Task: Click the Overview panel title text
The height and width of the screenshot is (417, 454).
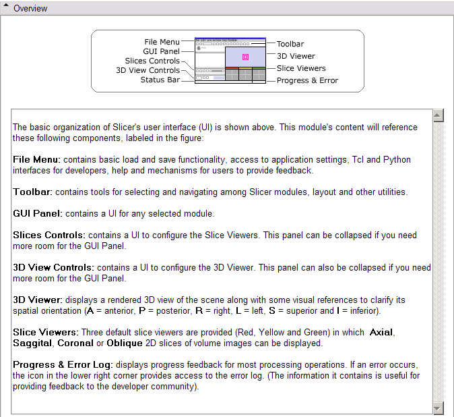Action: [30, 9]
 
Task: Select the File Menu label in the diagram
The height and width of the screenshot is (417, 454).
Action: [162, 42]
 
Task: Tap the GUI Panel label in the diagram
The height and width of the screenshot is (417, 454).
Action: [161, 51]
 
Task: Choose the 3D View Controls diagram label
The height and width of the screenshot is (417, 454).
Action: [148, 70]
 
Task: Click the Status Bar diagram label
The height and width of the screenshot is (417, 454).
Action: [160, 80]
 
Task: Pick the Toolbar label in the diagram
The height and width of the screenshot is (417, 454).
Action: [290, 44]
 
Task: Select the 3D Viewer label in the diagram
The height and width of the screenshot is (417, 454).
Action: [296, 56]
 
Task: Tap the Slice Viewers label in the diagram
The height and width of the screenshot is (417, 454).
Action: [301, 68]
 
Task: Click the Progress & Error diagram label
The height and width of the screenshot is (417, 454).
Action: [307, 80]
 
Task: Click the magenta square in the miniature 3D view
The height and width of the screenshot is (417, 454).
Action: [245, 57]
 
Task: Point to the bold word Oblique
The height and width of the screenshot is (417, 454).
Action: [119, 343]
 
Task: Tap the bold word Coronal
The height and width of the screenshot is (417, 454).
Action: [76, 343]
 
